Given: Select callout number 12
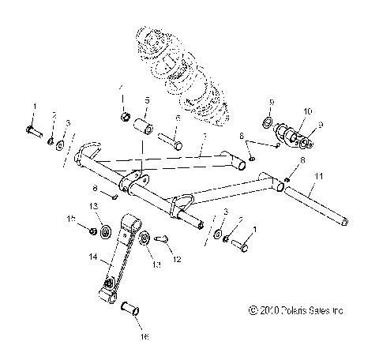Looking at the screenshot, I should tap(177, 259).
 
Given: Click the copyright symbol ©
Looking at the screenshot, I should tap(251, 311).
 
